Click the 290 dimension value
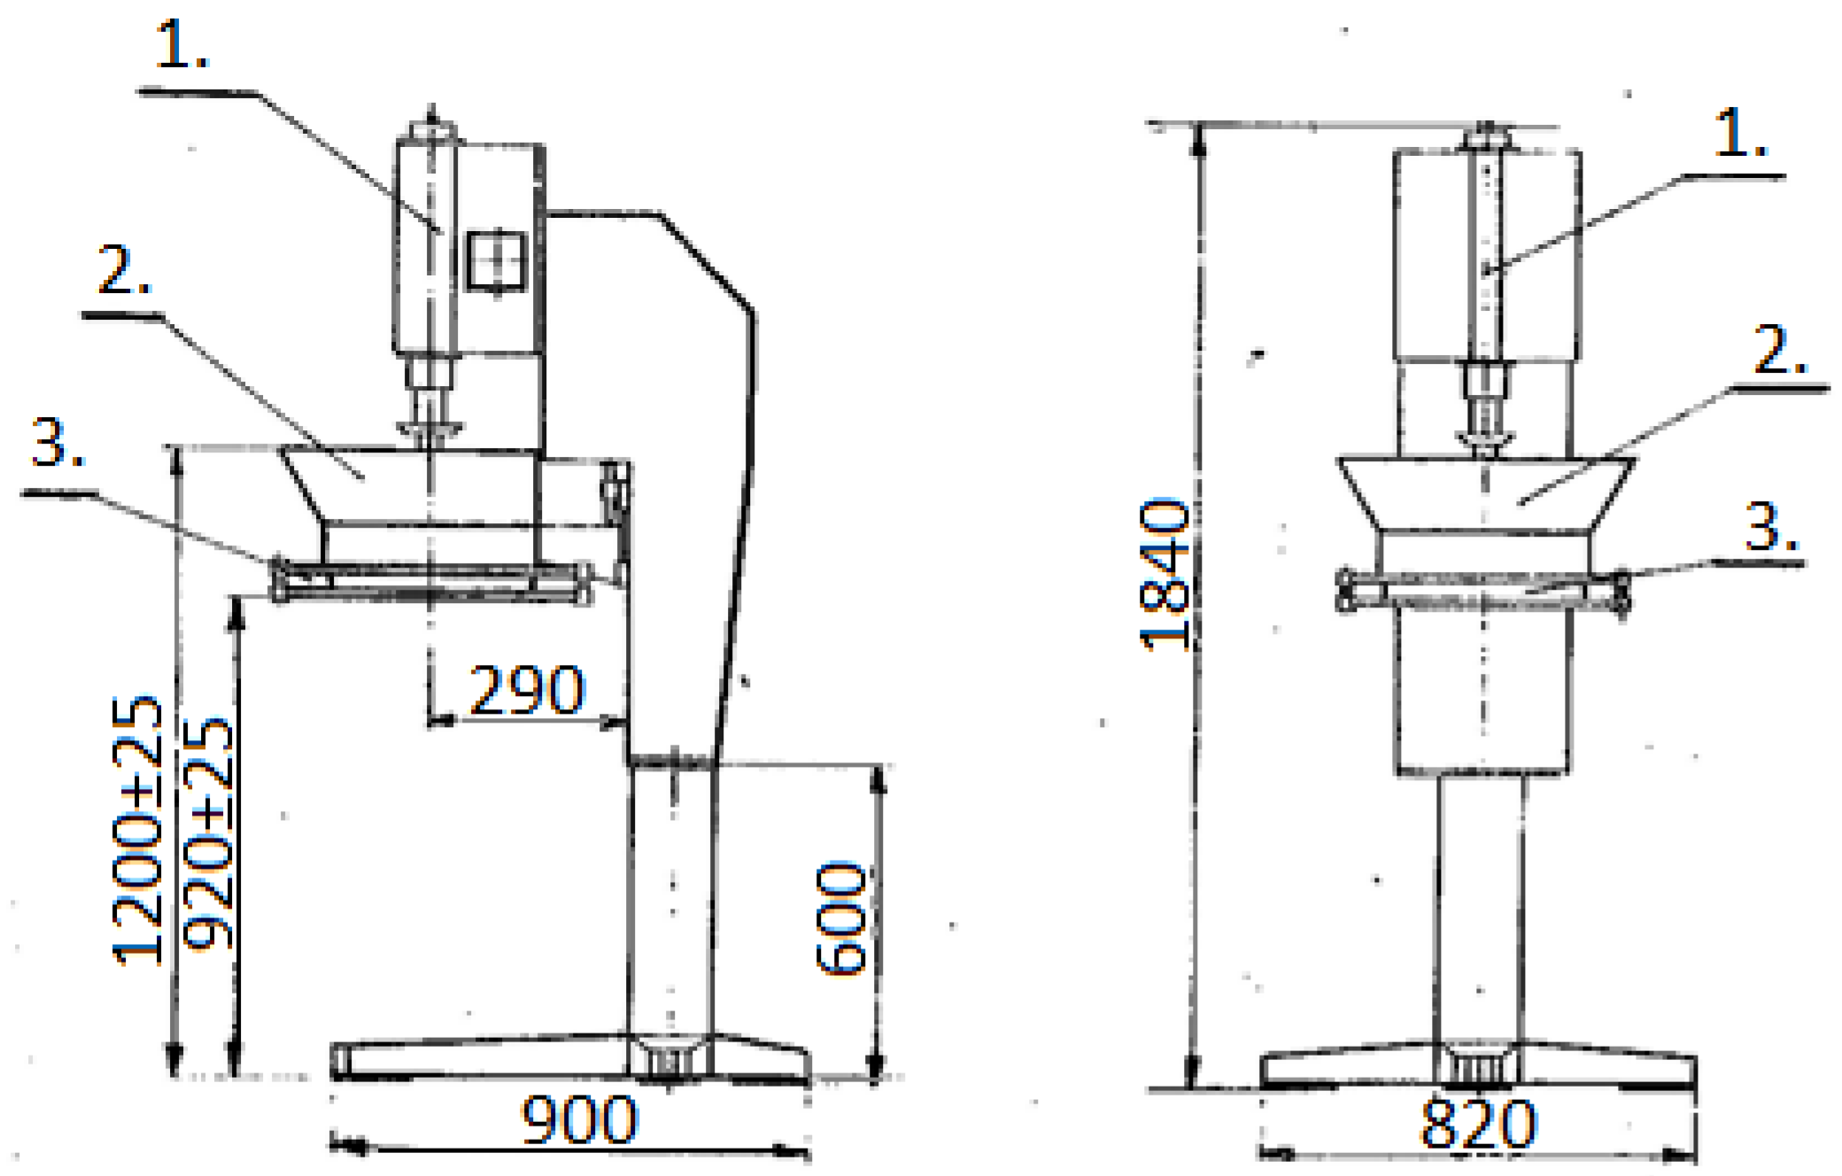point(526,690)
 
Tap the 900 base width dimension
point(579,1120)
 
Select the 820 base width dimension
point(1478,1125)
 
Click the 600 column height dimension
point(841,917)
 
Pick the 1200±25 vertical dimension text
point(138,830)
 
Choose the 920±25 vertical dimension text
point(209,832)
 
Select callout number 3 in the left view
point(57,443)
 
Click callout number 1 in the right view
point(1739,134)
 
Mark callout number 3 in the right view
point(1769,528)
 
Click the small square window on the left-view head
point(497,259)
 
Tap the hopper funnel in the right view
point(1485,493)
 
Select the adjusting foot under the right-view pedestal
point(1478,1066)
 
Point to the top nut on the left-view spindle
point(431,130)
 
